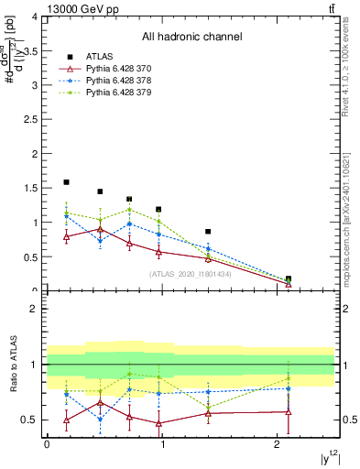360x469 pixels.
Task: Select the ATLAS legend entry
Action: [x=100, y=58]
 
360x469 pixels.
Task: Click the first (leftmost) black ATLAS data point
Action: [x=66, y=182]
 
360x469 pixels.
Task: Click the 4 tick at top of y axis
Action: [x=36, y=16]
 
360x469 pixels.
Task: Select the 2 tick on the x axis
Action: [x=278, y=444]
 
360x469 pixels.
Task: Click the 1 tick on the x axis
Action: [x=162, y=444]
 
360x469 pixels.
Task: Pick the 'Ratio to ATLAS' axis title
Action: [x=11, y=365]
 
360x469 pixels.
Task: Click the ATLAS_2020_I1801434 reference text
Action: [x=190, y=273]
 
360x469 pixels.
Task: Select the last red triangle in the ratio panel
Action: [x=289, y=412]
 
